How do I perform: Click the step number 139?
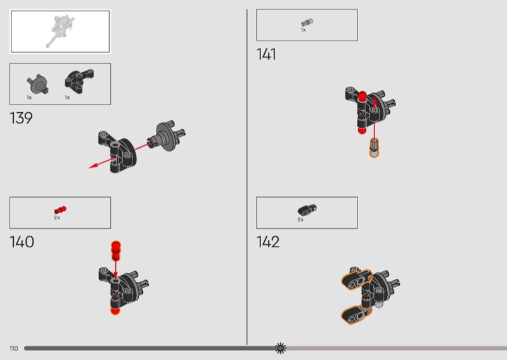21,118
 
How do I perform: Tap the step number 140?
22,242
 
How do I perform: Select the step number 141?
266,55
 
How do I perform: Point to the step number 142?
268,242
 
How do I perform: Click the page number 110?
13,349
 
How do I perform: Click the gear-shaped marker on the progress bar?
280,348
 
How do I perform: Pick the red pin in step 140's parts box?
60,210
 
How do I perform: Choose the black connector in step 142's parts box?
307,210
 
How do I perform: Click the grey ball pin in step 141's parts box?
307,22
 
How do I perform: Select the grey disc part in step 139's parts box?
38,84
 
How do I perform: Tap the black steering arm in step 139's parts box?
79,81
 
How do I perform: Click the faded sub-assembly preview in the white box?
60,31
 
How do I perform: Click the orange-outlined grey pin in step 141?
374,148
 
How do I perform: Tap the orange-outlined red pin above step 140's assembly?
116,251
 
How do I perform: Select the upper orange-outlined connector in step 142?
357,280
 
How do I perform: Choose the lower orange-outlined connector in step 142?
356,315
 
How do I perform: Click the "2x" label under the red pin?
57,217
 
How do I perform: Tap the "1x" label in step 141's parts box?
304,30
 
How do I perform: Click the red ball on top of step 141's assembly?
362,96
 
